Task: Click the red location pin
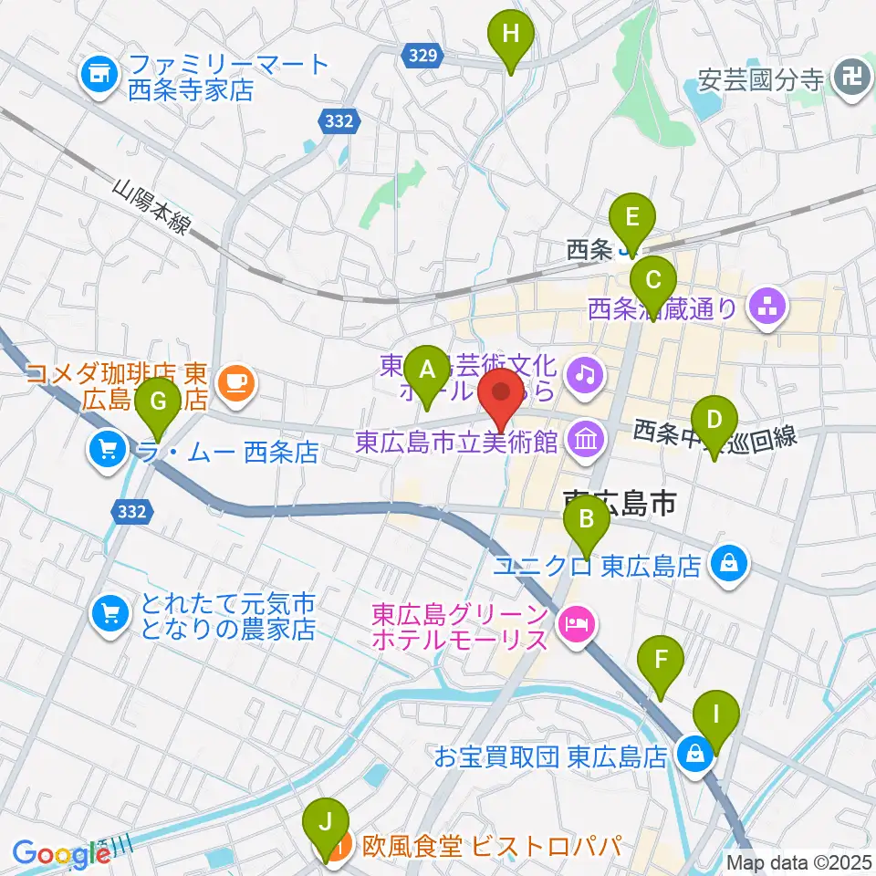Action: (x=502, y=396)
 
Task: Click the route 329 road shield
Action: (x=421, y=57)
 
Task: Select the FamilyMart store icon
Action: (x=99, y=77)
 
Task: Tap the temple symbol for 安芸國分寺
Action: (x=852, y=78)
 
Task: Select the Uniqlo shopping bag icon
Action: (x=732, y=566)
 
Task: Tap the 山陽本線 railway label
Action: (x=151, y=208)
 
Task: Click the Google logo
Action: (x=60, y=854)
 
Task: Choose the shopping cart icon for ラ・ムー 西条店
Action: (x=108, y=449)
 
